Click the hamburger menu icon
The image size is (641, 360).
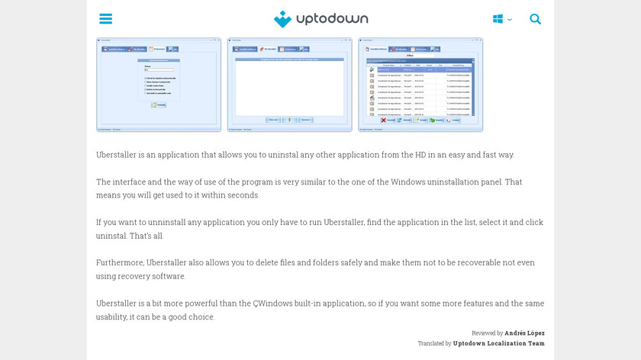[x=106, y=19]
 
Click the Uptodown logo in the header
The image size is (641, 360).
[x=320, y=19]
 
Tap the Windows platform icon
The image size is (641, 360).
[x=498, y=19]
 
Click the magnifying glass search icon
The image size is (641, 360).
[x=536, y=19]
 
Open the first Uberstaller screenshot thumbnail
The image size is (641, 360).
[x=159, y=85]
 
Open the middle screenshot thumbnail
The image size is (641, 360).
[x=289, y=85]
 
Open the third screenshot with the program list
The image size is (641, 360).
[x=420, y=85]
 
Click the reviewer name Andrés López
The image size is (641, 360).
[x=525, y=333]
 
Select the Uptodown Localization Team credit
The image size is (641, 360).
[x=499, y=344]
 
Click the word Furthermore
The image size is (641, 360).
[x=120, y=262]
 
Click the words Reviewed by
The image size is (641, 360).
[x=488, y=333]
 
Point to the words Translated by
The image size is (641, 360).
[x=434, y=344]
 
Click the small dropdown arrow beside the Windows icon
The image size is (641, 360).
[x=510, y=20]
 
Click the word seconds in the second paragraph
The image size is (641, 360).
[x=243, y=195]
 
